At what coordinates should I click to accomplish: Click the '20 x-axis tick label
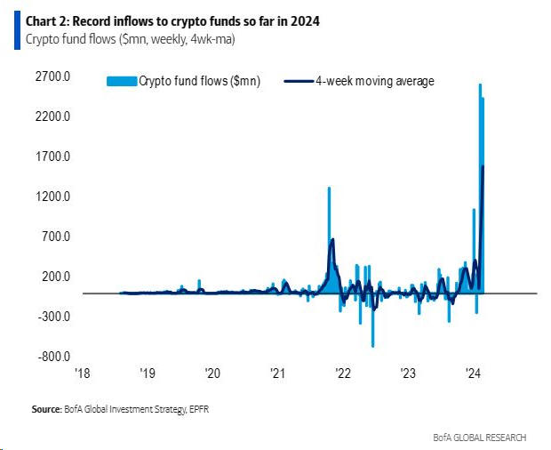(x=212, y=374)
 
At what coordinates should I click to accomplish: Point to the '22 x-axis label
(x=342, y=374)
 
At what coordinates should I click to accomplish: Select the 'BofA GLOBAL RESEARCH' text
(x=480, y=437)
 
